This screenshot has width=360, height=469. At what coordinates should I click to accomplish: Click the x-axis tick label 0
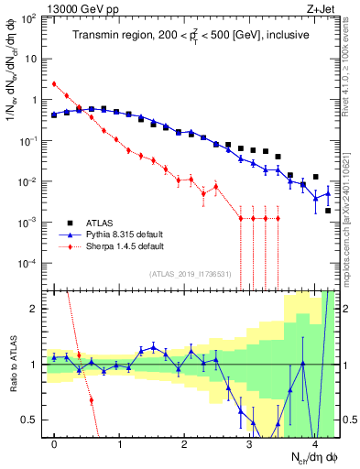click(55, 443)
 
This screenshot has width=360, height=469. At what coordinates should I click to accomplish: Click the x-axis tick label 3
click(250, 443)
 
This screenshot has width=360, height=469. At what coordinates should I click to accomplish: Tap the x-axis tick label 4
click(315, 443)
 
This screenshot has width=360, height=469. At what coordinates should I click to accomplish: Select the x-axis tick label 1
click(120, 443)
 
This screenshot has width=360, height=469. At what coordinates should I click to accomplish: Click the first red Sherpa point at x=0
click(54, 84)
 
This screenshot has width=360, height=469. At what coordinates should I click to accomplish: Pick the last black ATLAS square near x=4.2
click(328, 211)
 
